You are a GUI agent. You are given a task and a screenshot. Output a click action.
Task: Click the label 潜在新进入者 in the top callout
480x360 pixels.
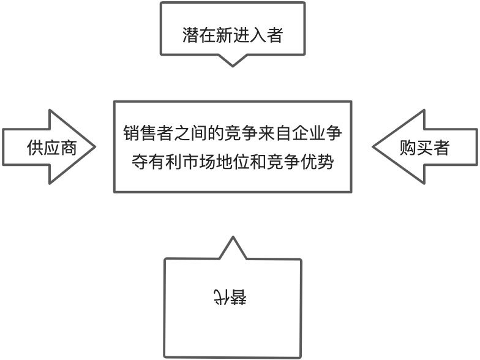(232, 35)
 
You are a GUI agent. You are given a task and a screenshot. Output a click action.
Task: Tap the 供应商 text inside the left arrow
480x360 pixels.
(52, 148)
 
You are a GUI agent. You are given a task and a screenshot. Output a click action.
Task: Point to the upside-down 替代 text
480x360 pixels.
(231, 297)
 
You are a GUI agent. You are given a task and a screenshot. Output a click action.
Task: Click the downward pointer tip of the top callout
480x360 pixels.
(232, 65)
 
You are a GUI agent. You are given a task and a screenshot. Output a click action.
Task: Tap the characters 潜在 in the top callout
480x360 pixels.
(198, 35)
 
